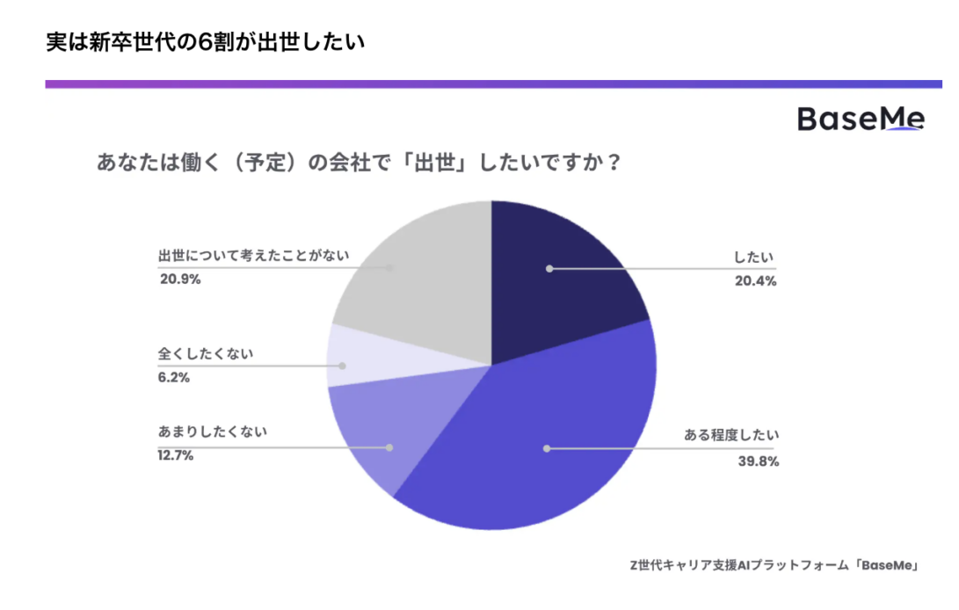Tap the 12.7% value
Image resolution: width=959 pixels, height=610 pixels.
176,455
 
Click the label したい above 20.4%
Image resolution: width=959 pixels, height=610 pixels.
755,258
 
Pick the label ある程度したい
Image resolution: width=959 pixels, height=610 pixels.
732,435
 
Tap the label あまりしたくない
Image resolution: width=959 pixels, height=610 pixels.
213,432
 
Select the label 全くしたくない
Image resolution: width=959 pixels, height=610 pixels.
206,354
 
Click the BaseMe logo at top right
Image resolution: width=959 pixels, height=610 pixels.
861,119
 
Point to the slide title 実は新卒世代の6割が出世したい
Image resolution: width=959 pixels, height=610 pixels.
205,43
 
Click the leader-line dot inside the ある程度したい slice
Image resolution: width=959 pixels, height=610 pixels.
547,448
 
